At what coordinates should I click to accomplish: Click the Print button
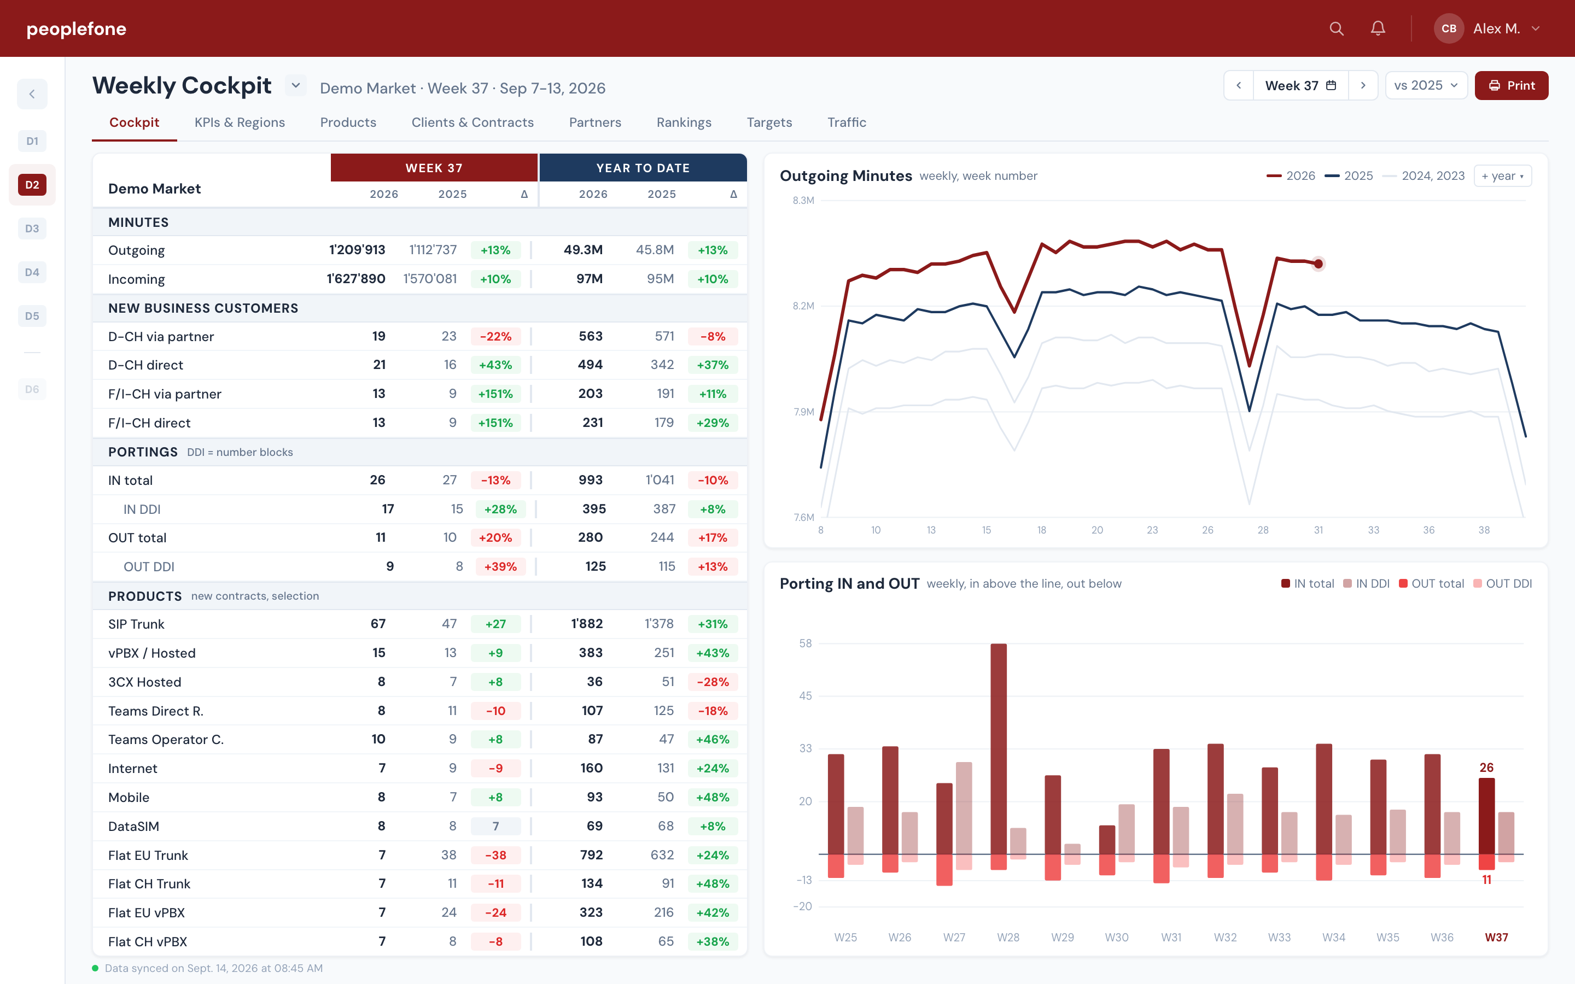[1511, 85]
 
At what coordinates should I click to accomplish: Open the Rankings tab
[684, 122]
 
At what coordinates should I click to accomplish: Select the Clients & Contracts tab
[472, 122]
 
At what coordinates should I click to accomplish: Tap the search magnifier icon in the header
[1336, 28]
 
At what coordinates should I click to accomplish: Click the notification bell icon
[1378, 28]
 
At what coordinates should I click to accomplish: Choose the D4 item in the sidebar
[32, 272]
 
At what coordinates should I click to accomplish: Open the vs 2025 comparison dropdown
[1426, 85]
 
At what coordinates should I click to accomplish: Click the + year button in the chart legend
[1503, 175]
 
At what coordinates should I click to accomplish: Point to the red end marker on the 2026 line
[1318, 263]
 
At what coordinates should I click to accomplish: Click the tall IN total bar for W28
[999, 748]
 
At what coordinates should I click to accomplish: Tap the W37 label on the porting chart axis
[1496, 937]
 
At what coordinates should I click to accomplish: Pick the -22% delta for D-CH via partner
[495, 336]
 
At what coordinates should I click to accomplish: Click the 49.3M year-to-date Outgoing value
[583, 250]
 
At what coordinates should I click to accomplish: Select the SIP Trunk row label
[136, 624]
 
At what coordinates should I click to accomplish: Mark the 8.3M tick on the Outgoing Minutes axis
[803, 201]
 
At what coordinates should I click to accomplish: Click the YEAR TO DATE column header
[643, 168]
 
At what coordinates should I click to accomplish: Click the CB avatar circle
[1449, 28]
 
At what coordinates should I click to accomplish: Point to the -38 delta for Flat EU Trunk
[495, 855]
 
